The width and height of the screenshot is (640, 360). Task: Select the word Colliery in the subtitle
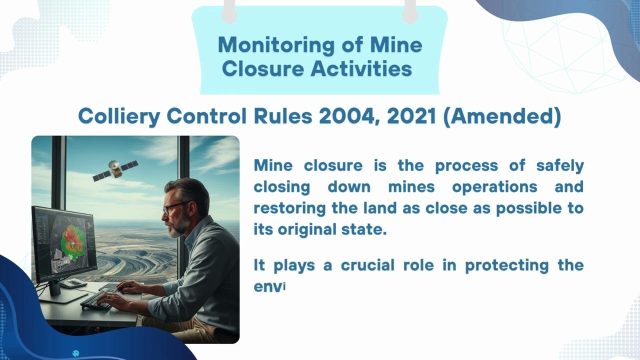[119, 116]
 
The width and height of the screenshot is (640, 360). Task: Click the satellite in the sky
[115, 170]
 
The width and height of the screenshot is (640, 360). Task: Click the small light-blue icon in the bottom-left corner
[76, 353]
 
